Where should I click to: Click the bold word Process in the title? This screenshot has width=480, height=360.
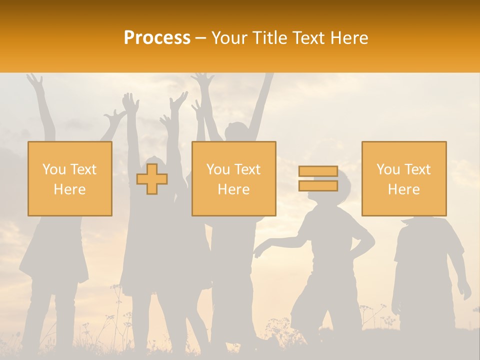(x=157, y=38)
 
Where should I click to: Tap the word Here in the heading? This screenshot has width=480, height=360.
(x=349, y=38)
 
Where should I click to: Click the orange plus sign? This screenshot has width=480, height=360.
(x=152, y=179)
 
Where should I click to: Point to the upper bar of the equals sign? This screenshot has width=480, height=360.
(x=318, y=171)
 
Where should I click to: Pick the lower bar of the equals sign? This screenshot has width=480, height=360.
(x=318, y=185)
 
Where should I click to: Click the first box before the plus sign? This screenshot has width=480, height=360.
(x=70, y=178)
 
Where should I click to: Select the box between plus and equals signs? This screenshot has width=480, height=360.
(x=233, y=178)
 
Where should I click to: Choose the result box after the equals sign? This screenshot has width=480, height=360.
(x=404, y=178)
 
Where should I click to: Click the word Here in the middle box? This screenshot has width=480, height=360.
(x=233, y=189)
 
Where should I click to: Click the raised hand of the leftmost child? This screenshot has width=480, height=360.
(x=34, y=80)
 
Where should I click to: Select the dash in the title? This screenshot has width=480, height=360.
(x=201, y=38)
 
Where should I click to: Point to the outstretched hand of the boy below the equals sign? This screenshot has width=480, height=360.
(x=258, y=250)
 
